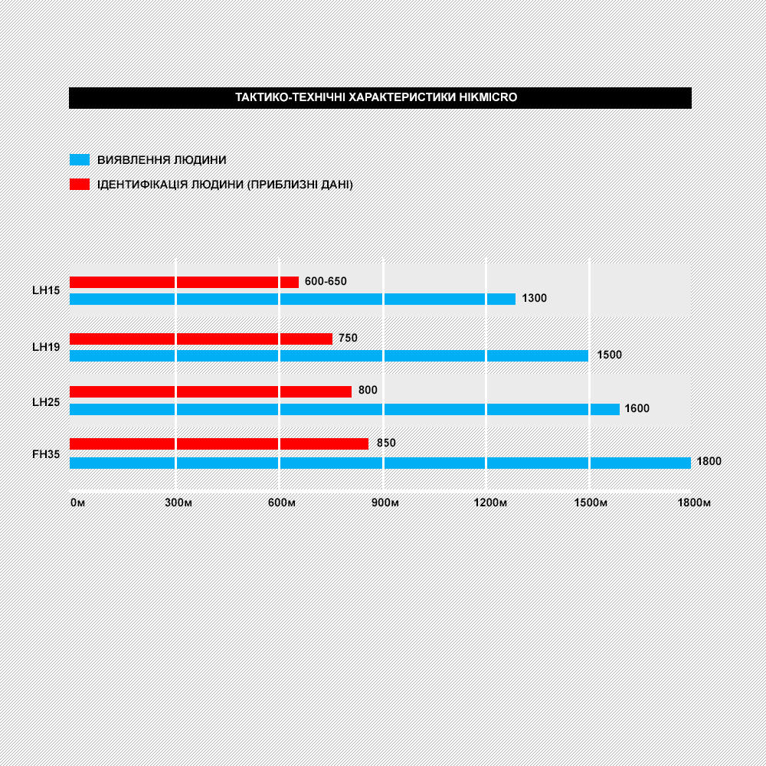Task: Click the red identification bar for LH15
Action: coord(184,282)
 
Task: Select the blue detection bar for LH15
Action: coord(293,299)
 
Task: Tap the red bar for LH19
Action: coord(201,339)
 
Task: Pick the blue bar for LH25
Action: coord(345,409)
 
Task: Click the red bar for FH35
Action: coord(219,444)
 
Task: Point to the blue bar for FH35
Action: coord(381,463)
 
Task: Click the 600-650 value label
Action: coord(326,281)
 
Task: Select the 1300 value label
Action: coord(535,298)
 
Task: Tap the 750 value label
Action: coord(349,338)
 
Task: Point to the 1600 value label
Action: coord(637,408)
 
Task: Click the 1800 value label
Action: coord(709,461)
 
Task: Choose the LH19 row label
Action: coord(46,347)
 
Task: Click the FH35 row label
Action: coord(46,454)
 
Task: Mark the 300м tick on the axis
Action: coord(178,502)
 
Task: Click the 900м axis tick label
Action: coord(385,502)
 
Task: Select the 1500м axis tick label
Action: coord(591,502)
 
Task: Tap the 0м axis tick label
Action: coord(77,502)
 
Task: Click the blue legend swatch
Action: coord(80,160)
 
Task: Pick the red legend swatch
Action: coord(80,184)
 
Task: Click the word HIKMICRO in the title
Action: coord(488,97)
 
